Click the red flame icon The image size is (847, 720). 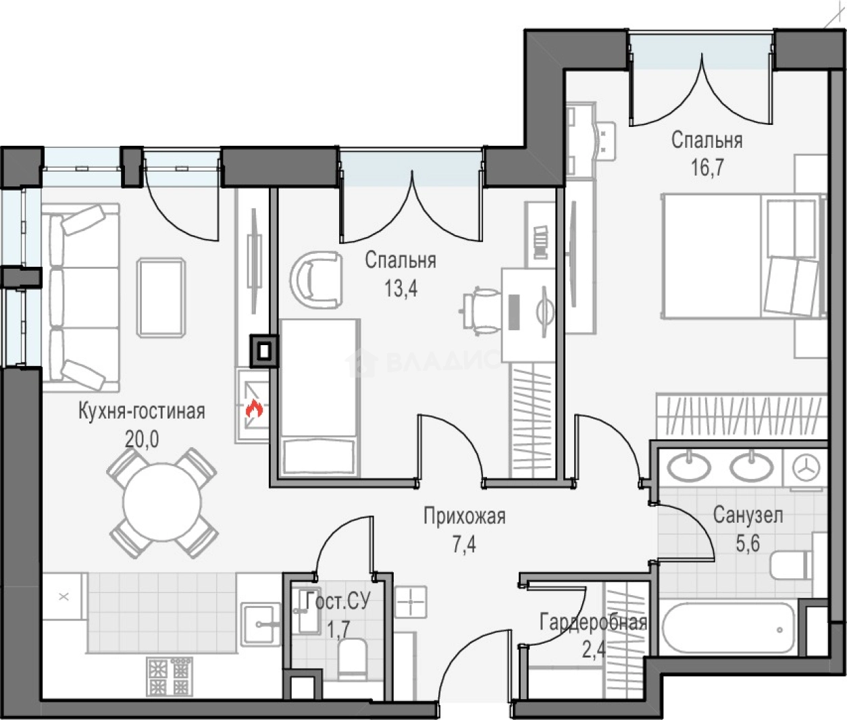point(254,409)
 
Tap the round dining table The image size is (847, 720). point(162,503)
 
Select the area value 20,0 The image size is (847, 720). point(141,440)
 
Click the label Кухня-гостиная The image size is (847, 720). point(141,411)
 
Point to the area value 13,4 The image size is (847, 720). point(401,289)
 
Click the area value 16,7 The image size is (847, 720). point(707,168)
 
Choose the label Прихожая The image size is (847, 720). point(464,517)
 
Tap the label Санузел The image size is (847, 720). point(748,515)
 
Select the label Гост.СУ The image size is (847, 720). point(338,600)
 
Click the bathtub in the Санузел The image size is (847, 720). point(729,629)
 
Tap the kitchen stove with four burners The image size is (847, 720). point(170,676)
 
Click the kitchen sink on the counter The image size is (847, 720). point(261,623)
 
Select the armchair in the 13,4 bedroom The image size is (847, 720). point(316,280)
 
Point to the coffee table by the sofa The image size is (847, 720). point(161,297)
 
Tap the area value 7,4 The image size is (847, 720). point(464,546)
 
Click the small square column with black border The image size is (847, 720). point(265,351)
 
